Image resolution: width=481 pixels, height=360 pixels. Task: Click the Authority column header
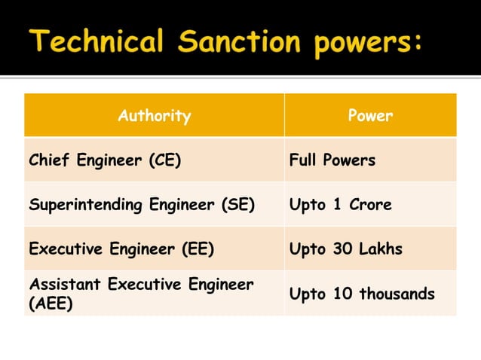click(x=154, y=116)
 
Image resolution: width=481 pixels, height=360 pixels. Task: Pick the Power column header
click(x=370, y=116)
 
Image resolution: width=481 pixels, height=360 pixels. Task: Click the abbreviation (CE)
click(x=164, y=160)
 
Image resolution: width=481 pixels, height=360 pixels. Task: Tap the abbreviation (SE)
click(x=238, y=204)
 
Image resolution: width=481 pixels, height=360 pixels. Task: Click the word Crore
click(x=369, y=204)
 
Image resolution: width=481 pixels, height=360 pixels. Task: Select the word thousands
click(x=397, y=294)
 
